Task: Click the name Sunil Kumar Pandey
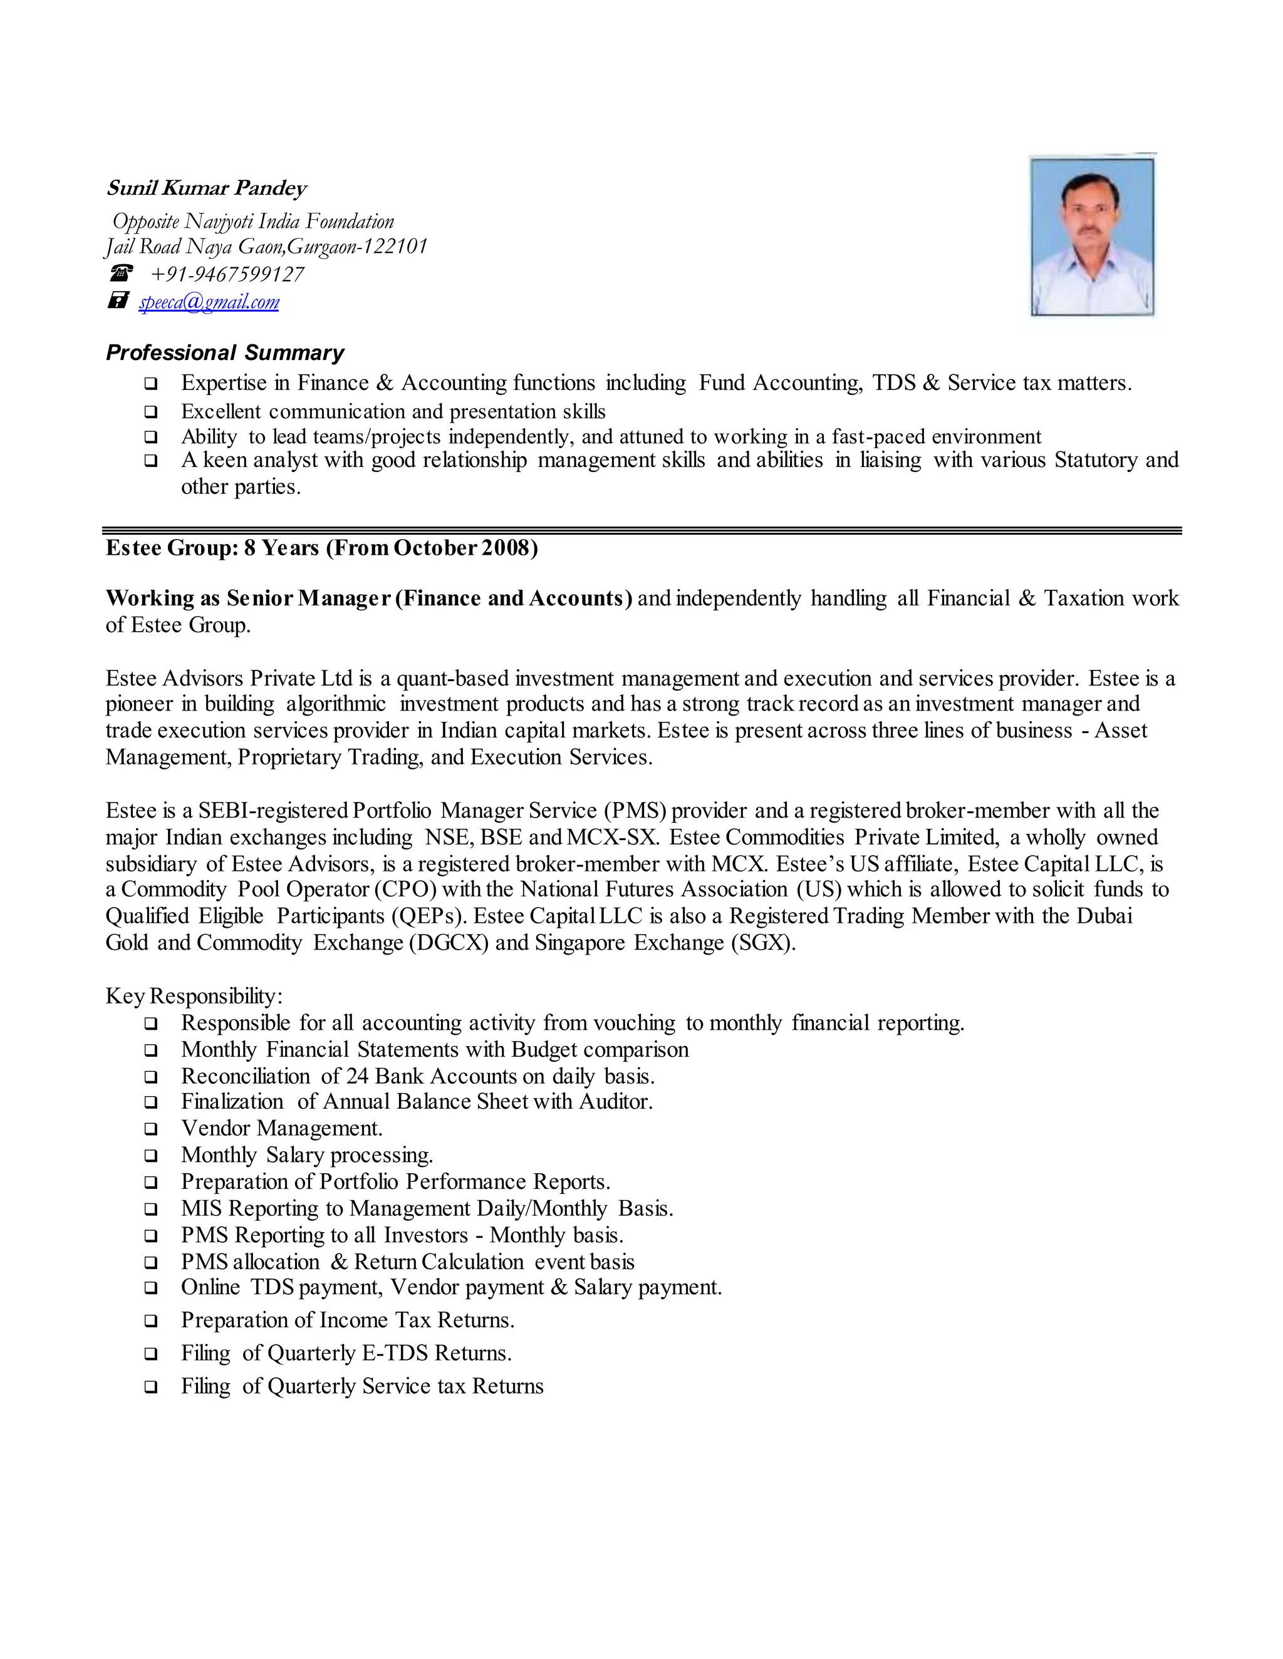coord(206,188)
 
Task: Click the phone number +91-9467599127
coord(227,274)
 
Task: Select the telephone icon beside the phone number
coord(120,273)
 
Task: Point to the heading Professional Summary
coord(225,352)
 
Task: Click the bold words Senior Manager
coord(308,598)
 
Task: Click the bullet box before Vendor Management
coord(150,1129)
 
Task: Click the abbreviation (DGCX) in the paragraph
coord(449,943)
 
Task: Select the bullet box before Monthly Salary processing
coord(150,1156)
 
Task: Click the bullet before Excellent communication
coord(150,413)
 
